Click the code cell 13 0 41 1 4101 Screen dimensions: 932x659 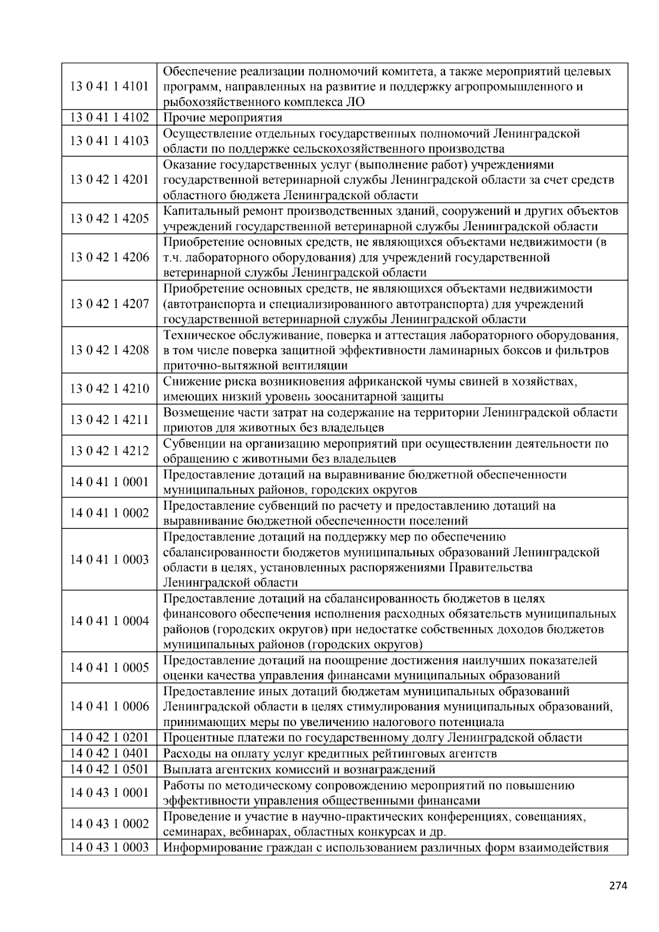tap(109, 86)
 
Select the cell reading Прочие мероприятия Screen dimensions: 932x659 tap(223, 118)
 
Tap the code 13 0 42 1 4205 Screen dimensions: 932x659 tap(109, 219)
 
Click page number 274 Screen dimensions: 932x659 tap(618, 885)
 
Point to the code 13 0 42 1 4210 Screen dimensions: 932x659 tap(109, 389)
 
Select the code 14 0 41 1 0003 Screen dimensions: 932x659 tap(109, 560)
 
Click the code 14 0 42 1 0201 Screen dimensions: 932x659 tap(109, 738)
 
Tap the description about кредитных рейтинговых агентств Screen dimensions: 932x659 tap(330, 754)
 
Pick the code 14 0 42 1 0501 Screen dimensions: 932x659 tap(109, 769)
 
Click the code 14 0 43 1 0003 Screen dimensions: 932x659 tap(109, 847)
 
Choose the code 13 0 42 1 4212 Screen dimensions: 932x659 tap(109, 451)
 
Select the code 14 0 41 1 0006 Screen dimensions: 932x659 tap(109, 706)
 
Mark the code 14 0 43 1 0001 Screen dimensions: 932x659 tap(109, 793)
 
